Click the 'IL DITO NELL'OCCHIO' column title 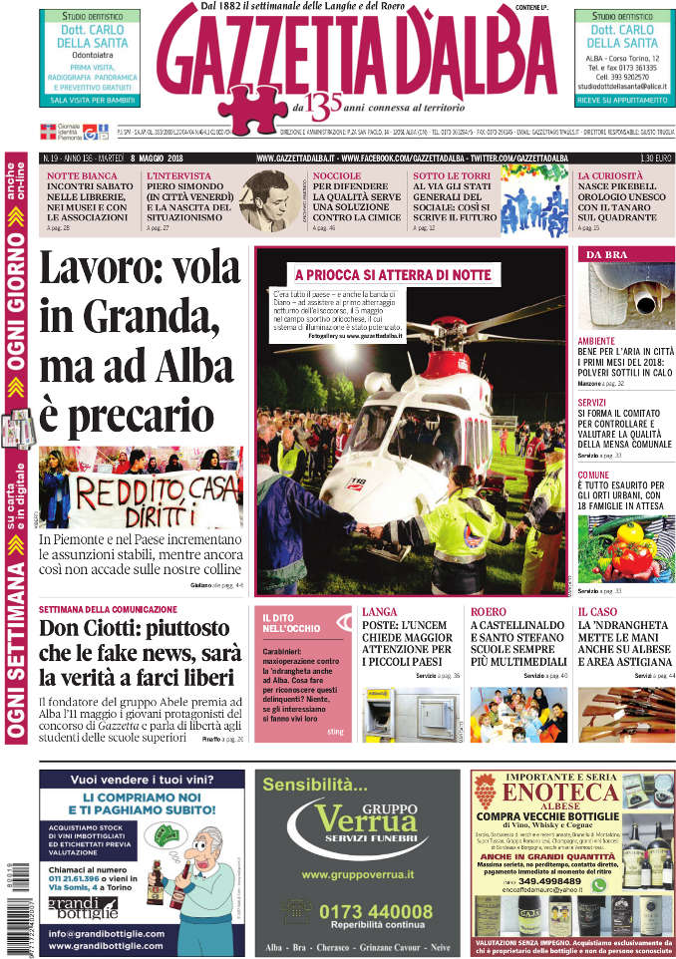[291, 622]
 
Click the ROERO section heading [488, 611]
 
